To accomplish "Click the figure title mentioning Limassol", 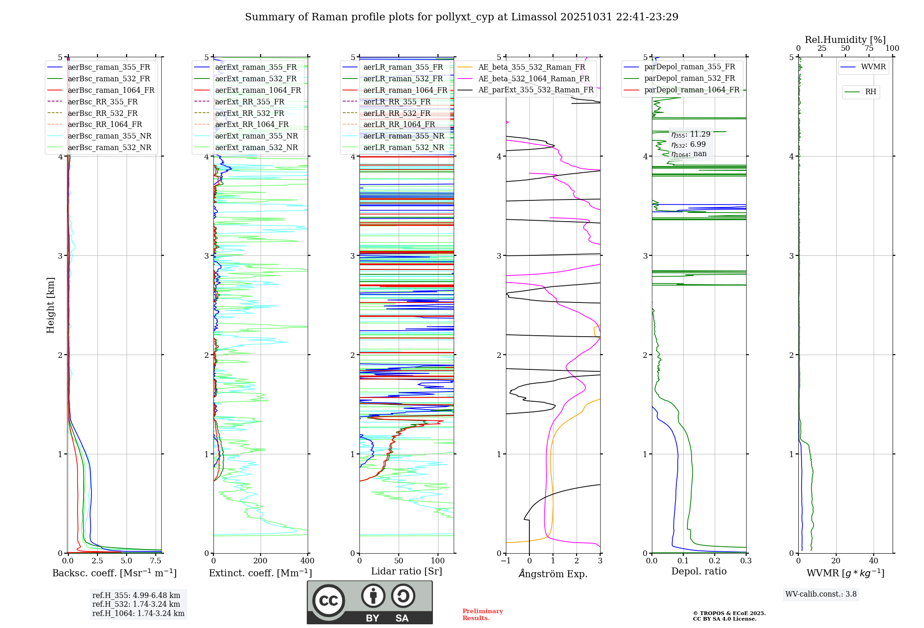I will pyautogui.click(x=462, y=17).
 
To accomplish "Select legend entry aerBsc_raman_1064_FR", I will pyautogui.click(x=111, y=90).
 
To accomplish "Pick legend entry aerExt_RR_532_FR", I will pyautogui.click(x=249, y=113).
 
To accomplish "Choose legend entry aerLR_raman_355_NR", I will pyautogui.click(x=403, y=136).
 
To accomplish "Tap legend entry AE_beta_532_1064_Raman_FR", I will pyautogui.click(x=534, y=78).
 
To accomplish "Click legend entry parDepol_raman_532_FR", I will pyautogui.click(x=689, y=78).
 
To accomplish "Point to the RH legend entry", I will pyautogui.click(x=870, y=92).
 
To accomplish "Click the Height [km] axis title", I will pyautogui.click(x=50, y=305).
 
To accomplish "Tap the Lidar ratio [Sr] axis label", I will pyautogui.click(x=407, y=571).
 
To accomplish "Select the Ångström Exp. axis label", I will pyautogui.click(x=553, y=574).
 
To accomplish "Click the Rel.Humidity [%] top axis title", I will pyautogui.click(x=845, y=40).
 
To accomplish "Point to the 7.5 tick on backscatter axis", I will pyautogui.click(x=156, y=561).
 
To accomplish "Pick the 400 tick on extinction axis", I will pyautogui.click(x=307, y=561).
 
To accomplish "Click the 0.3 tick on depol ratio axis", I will pyautogui.click(x=746, y=561).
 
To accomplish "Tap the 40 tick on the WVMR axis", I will pyautogui.click(x=874, y=561).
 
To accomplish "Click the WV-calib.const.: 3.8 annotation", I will pyautogui.click(x=821, y=594).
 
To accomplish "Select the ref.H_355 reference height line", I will pyautogui.click(x=136, y=595).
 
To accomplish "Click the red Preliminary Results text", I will pyautogui.click(x=482, y=615).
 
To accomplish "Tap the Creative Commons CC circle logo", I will pyautogui.click(x=328, y=600).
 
